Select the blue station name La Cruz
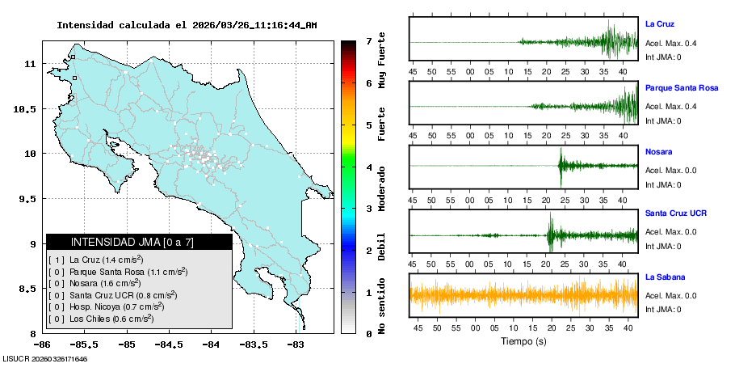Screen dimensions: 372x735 660,24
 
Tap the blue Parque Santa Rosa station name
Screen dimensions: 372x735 682,87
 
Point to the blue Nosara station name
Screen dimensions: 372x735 659,151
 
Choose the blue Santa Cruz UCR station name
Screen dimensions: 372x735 676,213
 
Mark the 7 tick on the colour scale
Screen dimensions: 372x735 368,40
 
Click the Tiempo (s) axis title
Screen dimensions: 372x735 524,342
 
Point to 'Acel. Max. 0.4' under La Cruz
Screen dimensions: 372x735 671,43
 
